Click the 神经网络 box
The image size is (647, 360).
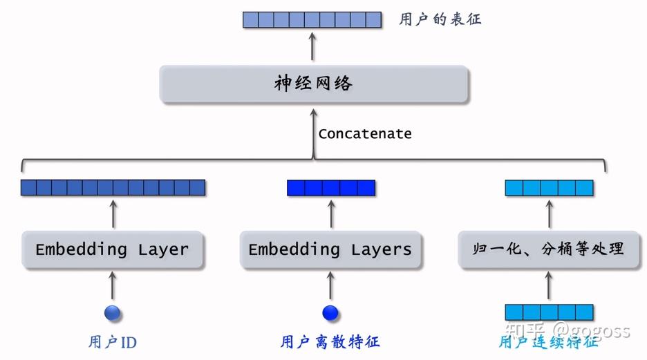tap(314, 84)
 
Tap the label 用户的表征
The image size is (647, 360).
tap(440, 19)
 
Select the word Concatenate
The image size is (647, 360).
tap(365, 133)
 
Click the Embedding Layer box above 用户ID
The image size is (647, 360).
tap(112, 250)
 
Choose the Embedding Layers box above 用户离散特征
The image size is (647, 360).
tap(330, 250)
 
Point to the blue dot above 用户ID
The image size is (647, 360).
tap(112, 313)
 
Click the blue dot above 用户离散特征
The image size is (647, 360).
tap(330, 313)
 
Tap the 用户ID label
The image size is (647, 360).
tap(112, 342)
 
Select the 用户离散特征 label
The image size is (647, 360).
tap(330, 342)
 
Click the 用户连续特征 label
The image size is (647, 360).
tap(548, 342)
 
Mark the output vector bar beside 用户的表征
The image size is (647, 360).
tap(312, 20)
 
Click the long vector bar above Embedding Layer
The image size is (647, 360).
tap(113, 188)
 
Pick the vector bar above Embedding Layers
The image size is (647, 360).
tap(331, 188)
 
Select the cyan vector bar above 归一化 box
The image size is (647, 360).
tap(550, 188)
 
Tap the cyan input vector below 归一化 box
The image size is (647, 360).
tap(550, 312)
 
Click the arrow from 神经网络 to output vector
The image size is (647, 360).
tap(312, 46)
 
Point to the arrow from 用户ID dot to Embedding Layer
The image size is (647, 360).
tap(112, 285)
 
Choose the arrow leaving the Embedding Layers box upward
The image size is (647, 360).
tap(331, 214)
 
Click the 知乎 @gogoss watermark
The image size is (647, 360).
tap(568, 330)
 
